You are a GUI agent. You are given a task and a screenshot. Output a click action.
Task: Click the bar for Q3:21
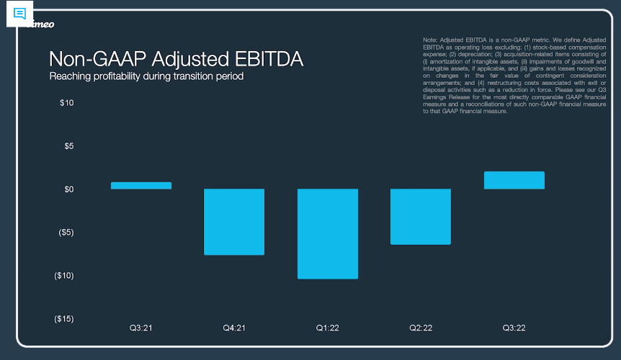click(141, 186)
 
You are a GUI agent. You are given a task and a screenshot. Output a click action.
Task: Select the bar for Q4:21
click(234, 222)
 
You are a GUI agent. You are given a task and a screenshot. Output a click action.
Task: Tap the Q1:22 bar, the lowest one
click(327, 233)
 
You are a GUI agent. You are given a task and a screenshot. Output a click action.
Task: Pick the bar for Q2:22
click(421, 217)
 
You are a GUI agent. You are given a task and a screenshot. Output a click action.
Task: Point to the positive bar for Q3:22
click(514, 180)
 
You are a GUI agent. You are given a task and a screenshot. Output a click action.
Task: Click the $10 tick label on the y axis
click(66, 103)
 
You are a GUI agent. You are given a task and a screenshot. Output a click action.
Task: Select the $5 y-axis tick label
click(68, 146)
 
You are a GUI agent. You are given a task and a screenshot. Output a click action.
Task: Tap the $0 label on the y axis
click(68, 189)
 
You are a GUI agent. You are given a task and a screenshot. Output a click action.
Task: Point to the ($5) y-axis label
click(66, 233)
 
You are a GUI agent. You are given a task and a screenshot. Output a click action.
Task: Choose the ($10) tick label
click(64, 276)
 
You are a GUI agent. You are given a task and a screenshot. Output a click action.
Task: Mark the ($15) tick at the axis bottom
click(64, 319)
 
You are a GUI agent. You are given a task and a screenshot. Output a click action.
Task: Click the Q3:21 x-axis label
click(141, 328)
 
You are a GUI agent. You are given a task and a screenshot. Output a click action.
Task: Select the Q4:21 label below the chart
click(234, 328)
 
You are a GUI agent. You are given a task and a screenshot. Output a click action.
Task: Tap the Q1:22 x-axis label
click(327, 328)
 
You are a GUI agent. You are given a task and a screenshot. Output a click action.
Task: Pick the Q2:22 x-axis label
click(421, 328)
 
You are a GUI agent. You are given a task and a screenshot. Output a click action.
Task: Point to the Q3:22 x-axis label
click(514, 328)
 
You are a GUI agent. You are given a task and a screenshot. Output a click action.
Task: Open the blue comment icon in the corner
click(20, 14)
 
